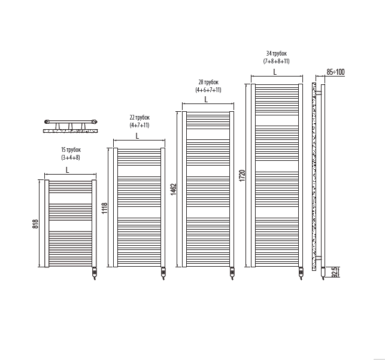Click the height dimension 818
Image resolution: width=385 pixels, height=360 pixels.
point(36,224)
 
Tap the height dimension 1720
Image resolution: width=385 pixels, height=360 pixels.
point(242,176)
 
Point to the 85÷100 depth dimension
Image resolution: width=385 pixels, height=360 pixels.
point(335,72)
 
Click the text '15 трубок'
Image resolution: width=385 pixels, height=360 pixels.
point(71,150)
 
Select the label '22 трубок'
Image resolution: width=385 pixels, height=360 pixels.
point(139,118)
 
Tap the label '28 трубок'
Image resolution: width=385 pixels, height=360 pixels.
point(208,82)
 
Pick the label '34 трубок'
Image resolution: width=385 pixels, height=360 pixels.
point(277,53)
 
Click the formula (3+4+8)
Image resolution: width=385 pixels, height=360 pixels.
point(71,158)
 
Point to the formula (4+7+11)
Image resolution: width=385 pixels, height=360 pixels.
point(139,126)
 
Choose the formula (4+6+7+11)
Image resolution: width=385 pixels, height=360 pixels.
point(208,90)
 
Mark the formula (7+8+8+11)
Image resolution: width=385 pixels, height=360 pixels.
point(277,61)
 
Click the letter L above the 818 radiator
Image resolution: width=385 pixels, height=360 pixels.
point(68,170)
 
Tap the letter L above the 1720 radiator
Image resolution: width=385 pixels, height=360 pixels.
point(275,72)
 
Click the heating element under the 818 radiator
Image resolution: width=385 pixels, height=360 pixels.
point(94,274)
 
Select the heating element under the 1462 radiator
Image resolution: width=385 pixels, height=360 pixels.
point(232,274)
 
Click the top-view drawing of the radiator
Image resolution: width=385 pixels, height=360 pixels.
point(71,124)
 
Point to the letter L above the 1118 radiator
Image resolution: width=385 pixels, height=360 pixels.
point(137,136)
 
